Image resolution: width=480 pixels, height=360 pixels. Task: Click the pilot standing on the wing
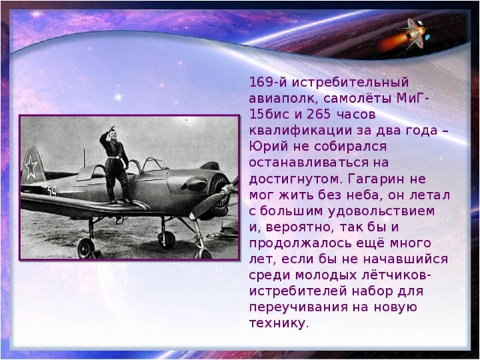tap(115, 161)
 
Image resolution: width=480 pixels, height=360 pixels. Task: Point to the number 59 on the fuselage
tap(51, 190)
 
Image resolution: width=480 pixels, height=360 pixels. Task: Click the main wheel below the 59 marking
tap(86, 248)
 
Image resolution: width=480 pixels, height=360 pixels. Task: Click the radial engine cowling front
tap(217, 187)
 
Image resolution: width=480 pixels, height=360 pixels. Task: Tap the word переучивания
tap(294, 307)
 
